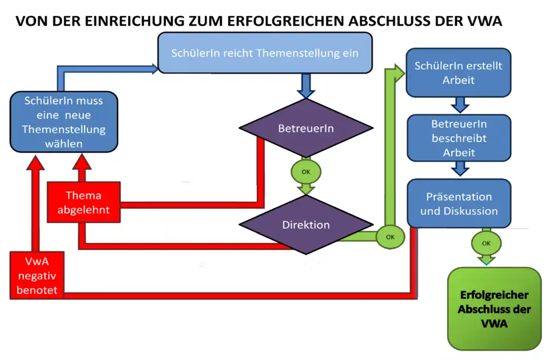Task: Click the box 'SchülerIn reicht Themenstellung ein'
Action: [x=265, y=53]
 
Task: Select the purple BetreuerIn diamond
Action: [x=305, y=129]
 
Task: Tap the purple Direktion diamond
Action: [x=305, y=225]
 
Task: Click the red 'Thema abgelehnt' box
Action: [x=83, y=203]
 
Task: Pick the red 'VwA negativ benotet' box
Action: [x=37, y=275]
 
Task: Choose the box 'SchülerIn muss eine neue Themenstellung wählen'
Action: [x=64, y=122]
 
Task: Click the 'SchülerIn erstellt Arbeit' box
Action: [x=458, y=73]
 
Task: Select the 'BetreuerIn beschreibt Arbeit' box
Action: [x=458, y=138]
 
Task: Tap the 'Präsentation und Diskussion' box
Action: [x=459, y=203]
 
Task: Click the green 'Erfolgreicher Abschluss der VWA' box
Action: [x=494, y=309]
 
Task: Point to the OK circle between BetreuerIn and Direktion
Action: [x=305, y=171]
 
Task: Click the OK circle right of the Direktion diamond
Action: [x=390, y=237]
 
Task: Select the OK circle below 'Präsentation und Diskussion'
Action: [x=486, y=243]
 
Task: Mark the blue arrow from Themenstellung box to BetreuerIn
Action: [x=305, y=86]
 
